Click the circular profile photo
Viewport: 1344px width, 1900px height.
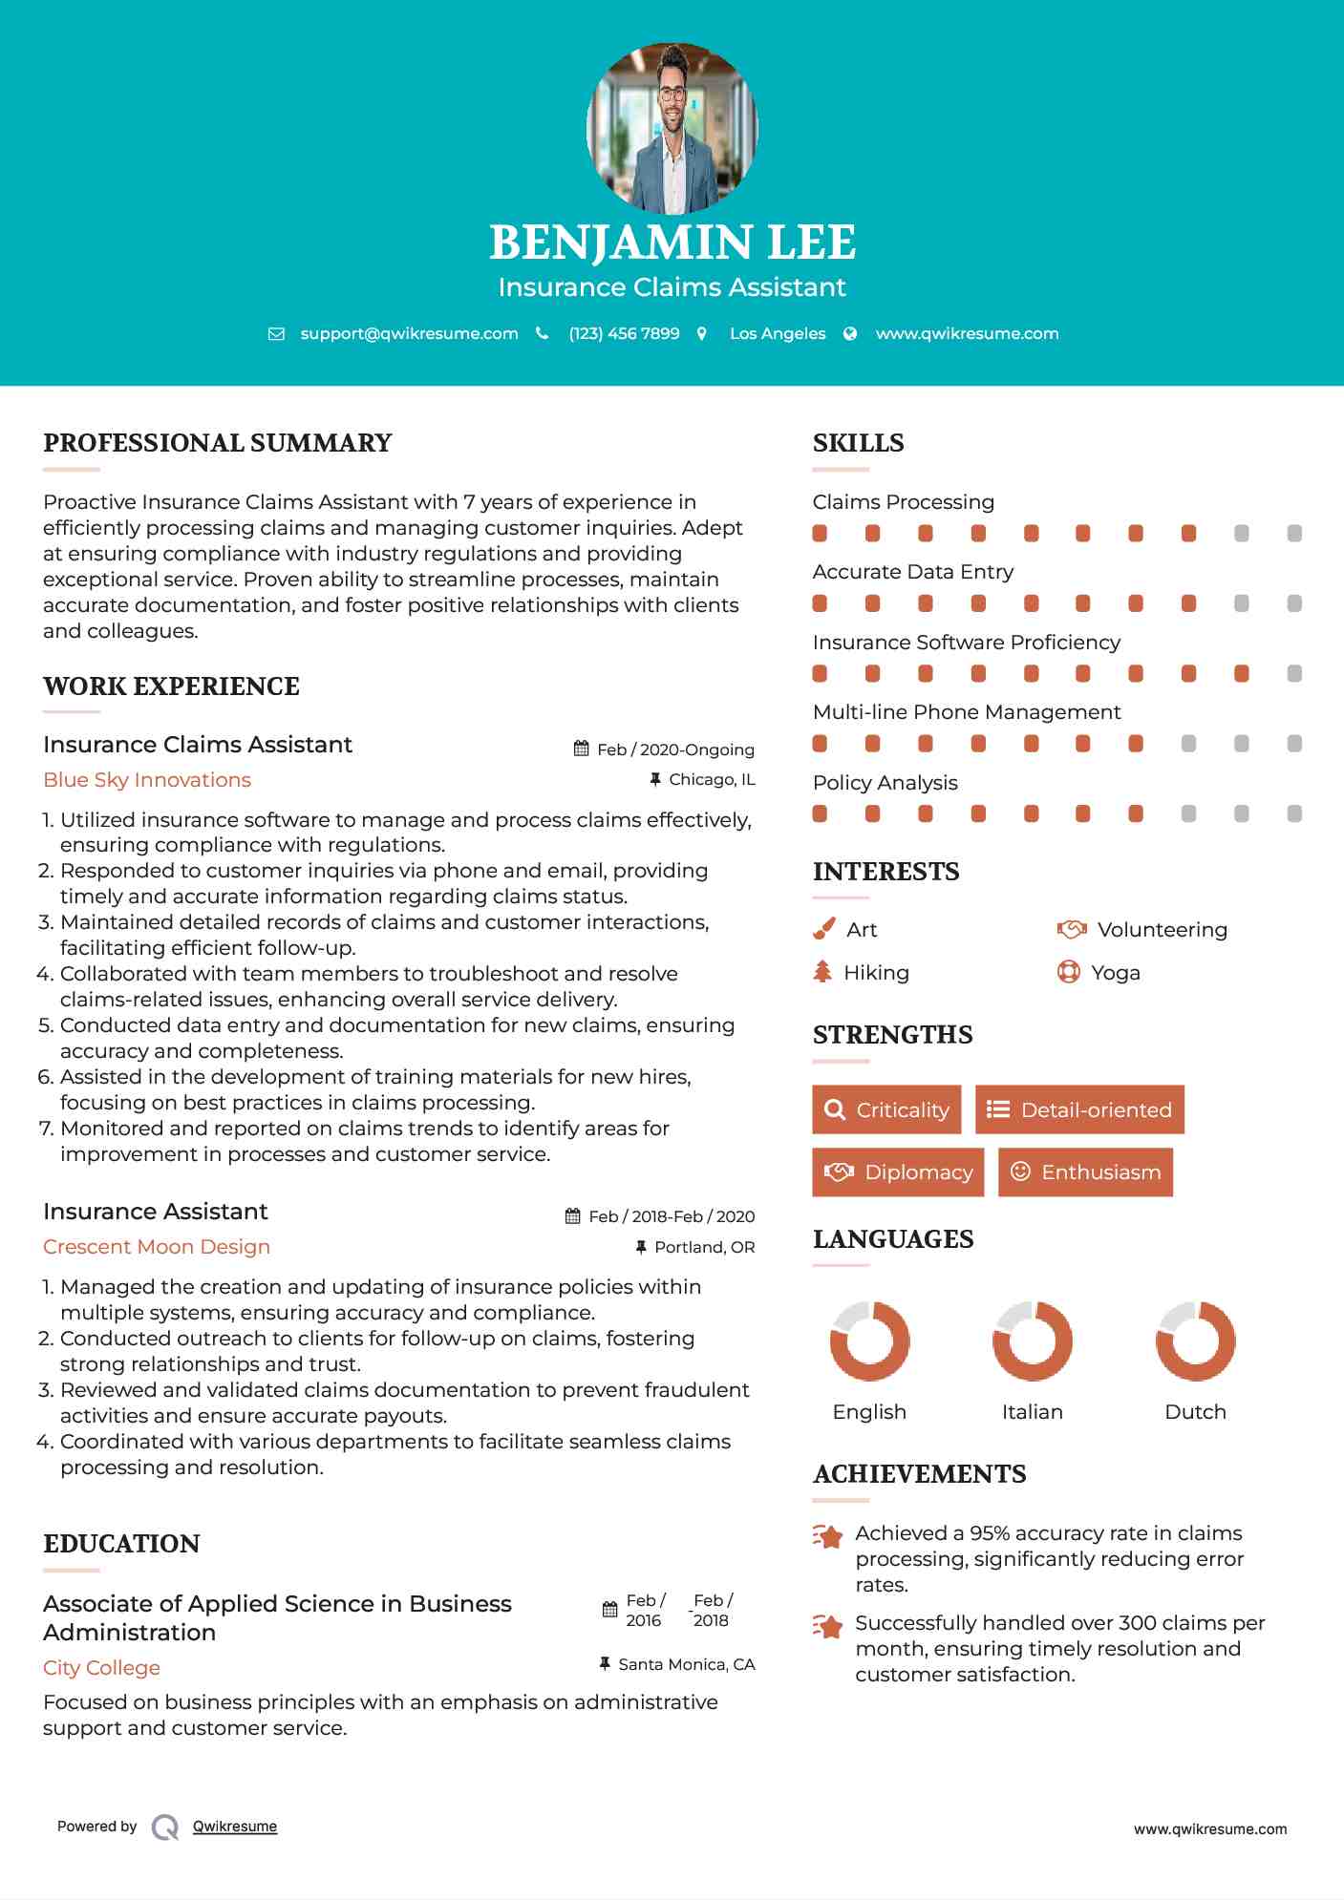tap(672, 128)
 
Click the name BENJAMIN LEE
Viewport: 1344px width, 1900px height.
tap(672, 243)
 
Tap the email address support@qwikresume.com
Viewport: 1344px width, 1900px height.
tap(409, 333)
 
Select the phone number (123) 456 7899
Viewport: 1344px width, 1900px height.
tap(624, 333)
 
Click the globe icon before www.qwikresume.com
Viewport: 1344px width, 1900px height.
tap(850, 333)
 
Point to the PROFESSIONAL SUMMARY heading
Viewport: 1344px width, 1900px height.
tap(218, 443)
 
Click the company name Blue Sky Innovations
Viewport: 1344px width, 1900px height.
tap(147, 780)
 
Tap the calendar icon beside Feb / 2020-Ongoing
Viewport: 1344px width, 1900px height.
tap(581, 749)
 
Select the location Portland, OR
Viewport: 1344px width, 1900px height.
tap(704, 1247)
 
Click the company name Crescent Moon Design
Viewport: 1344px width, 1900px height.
tap(157, 1247)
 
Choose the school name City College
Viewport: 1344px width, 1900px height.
tap(101, 1668)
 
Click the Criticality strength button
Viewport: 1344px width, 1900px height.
tap(886, 1109)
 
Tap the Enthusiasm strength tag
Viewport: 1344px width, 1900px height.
tap(1085, 1172)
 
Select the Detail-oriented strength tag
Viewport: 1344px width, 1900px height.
tap(1079, 1109)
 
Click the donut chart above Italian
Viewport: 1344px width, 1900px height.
tap(1032, 1341)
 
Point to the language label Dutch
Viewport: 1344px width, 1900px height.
tap(1195, 1412)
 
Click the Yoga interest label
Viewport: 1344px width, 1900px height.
tap(1116, 973)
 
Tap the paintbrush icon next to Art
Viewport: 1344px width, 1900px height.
tap(823, 929)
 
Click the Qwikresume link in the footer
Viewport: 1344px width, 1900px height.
tap(235, 1826)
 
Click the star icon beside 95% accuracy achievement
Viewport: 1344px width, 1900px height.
tap(827, 1536)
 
